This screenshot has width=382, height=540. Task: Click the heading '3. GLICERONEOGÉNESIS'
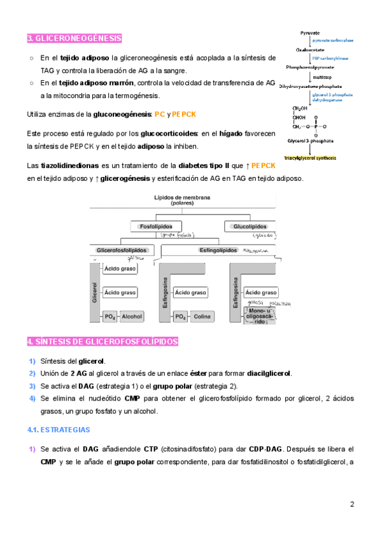pos(74,38)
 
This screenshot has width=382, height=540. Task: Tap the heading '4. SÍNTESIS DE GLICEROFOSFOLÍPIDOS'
pos(103,342)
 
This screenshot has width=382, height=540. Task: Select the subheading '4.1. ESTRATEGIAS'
pos(59,430)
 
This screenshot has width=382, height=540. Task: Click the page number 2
pos(352,504)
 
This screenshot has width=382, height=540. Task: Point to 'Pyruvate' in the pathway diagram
pos(310,32)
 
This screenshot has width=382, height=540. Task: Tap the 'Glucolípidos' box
pos(250,226)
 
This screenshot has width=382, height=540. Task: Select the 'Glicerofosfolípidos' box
pos(122,251)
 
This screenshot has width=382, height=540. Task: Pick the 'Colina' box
pos(202,316)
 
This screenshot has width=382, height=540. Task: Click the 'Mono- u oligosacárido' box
pos(260,316)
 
